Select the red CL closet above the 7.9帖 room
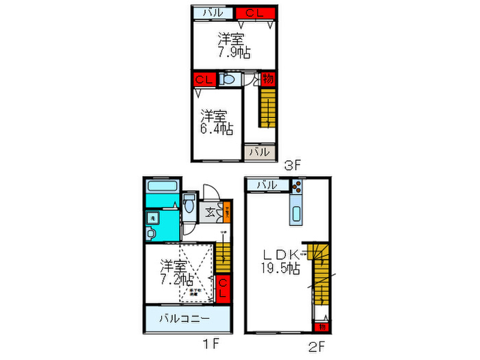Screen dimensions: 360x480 coord(255,12)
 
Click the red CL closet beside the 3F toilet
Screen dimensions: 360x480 coord(204,80)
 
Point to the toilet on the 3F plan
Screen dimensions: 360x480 coord(228,80)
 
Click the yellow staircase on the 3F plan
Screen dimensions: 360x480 coord(267,107)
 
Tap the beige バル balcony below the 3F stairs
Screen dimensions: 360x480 coord(259,152)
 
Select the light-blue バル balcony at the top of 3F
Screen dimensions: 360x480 coord(212,12)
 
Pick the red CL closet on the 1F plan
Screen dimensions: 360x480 coord(223,287)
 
